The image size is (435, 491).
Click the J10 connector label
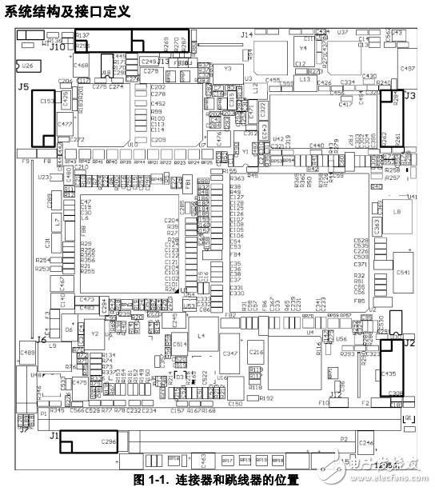[x=58, y=46]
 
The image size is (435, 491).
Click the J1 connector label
[x=54, y=436]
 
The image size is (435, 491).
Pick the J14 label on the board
[x=247, y=34]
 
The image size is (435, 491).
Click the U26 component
[x=27, y=65]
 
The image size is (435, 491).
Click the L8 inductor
[x=397, y=212]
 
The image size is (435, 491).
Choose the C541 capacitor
[x=402, y=273]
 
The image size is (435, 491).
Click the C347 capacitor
[x=230, y=353]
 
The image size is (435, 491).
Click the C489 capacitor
[x=27, y=352]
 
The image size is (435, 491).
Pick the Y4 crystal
[x=302, y=49]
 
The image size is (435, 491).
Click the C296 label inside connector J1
[x=109, y=439]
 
